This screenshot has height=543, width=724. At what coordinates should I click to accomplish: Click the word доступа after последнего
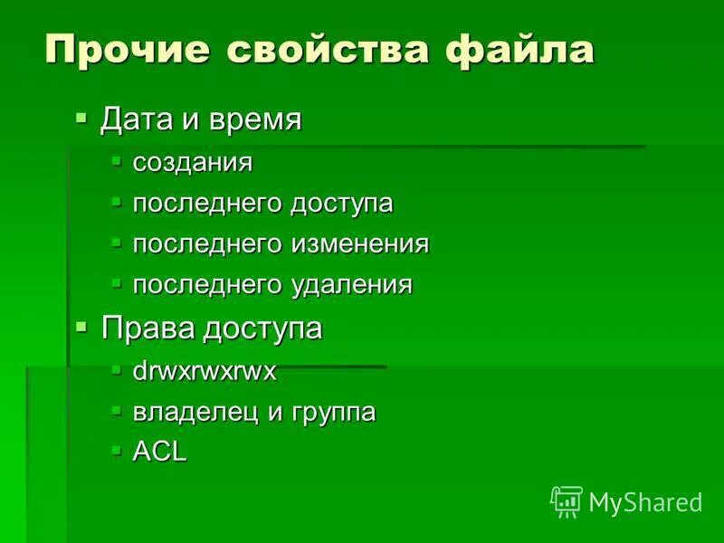(x=341, y=204)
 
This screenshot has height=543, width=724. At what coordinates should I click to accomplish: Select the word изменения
(x=359, y=244)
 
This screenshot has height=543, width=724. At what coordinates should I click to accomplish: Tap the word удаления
(x=351, y=285)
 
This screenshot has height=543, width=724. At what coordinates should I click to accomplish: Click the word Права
(x=148, y=328)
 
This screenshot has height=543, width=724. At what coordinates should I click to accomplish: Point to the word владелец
(x=195, y=413)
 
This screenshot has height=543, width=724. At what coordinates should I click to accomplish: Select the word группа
(x=333, y=414)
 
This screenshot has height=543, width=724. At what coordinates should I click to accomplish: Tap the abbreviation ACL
(x=160, y=452)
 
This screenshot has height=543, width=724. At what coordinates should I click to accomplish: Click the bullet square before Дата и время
(x=82, y=117)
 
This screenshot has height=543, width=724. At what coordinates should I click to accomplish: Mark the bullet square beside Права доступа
(x=82, y=326)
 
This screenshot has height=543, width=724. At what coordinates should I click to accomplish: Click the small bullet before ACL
(x=116, y=449)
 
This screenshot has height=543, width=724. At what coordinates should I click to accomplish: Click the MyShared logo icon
(x=567, y=500)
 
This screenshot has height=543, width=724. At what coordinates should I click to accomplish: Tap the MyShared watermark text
(x=645, y=501)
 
